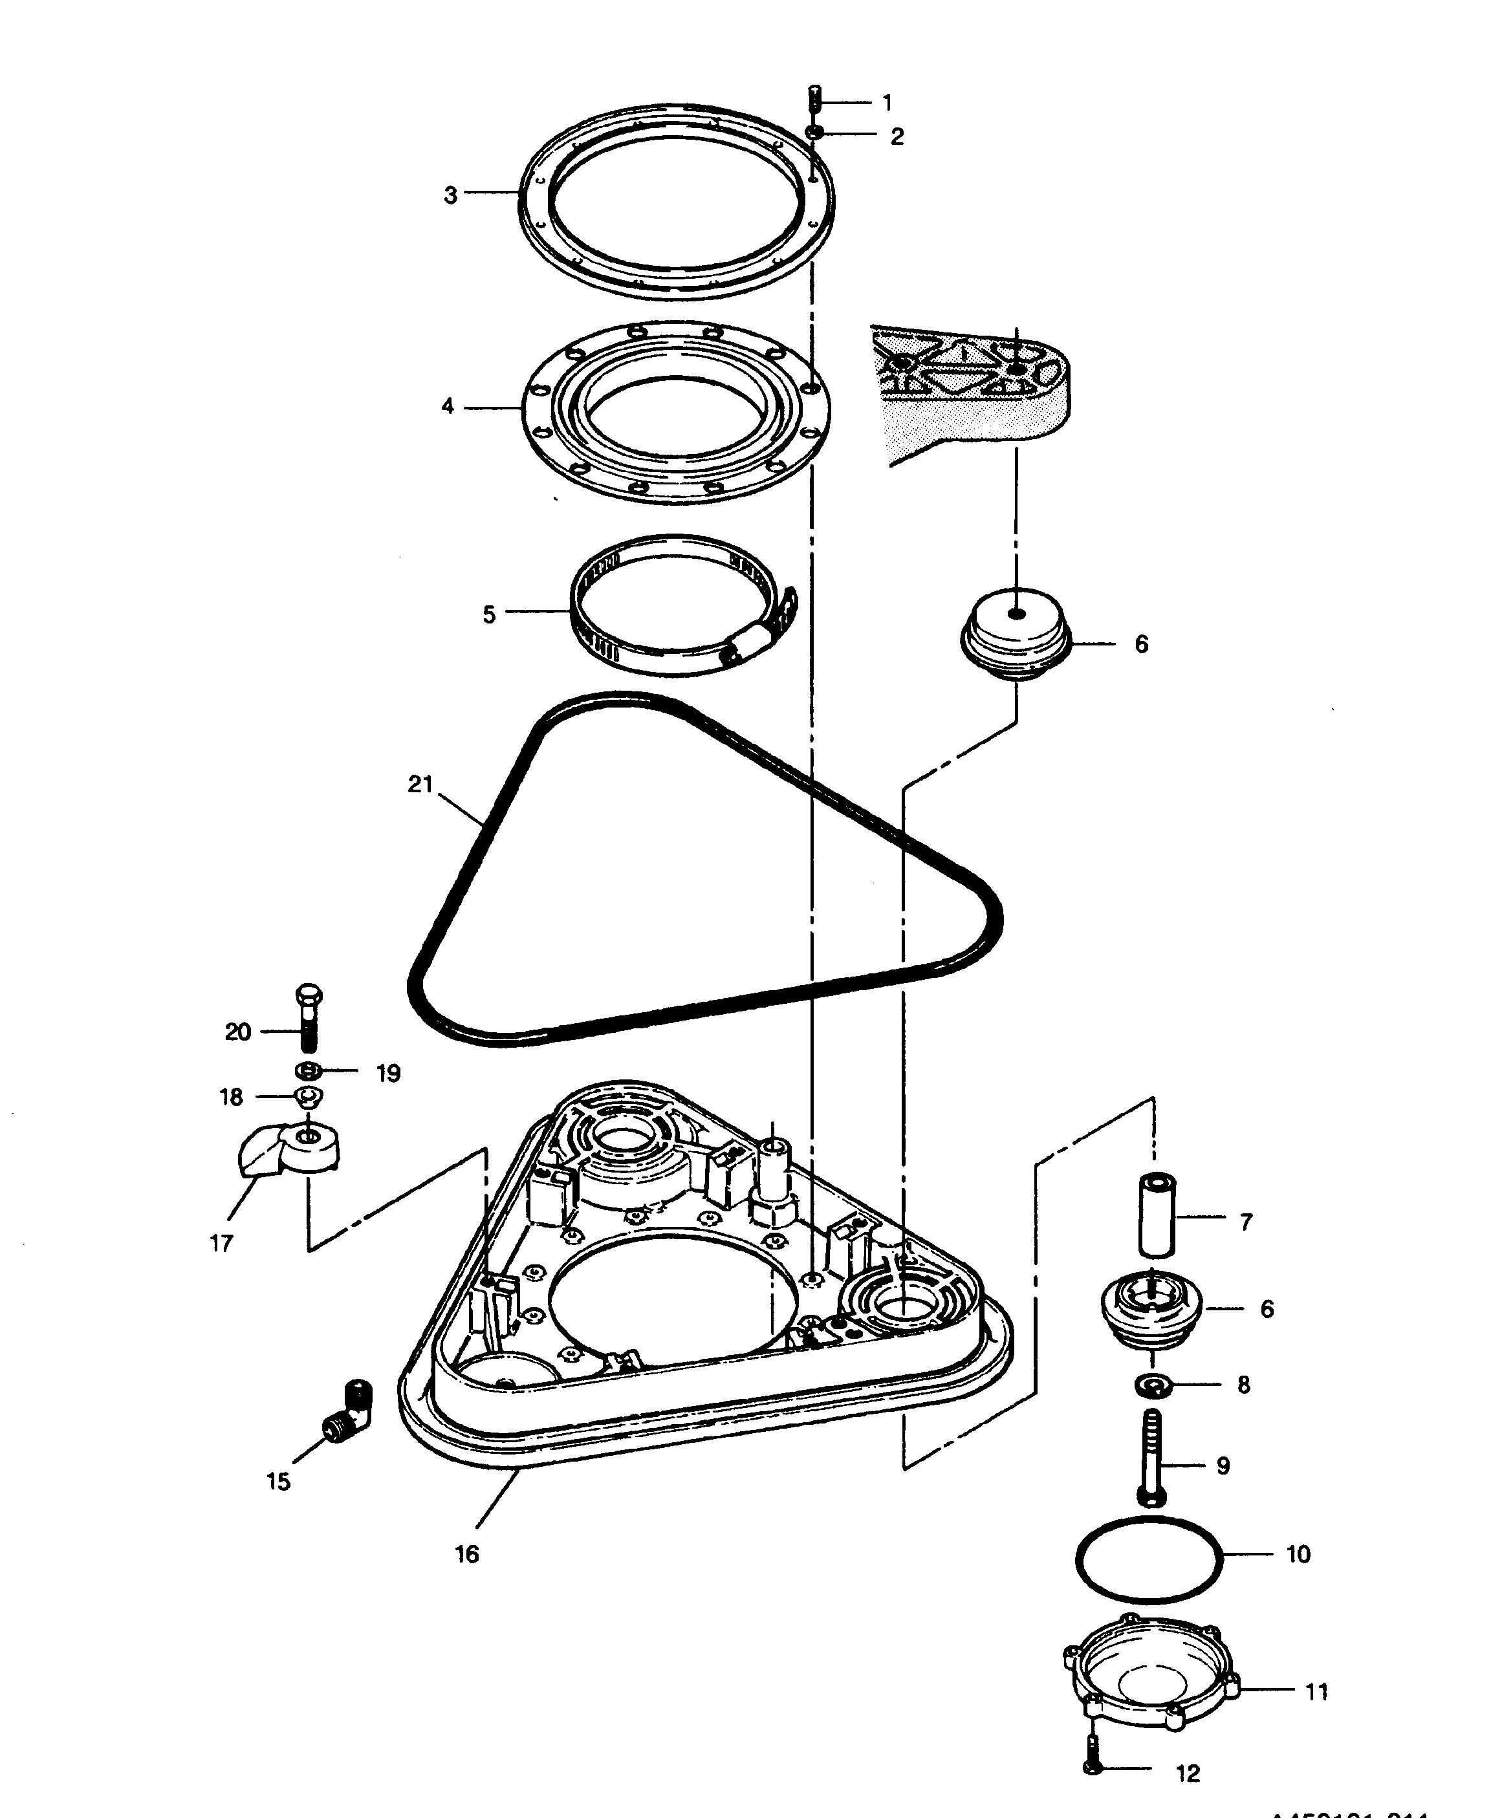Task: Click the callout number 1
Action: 887,103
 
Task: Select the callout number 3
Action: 450,195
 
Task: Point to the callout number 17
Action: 221,1243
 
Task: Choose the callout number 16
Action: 466,1554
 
